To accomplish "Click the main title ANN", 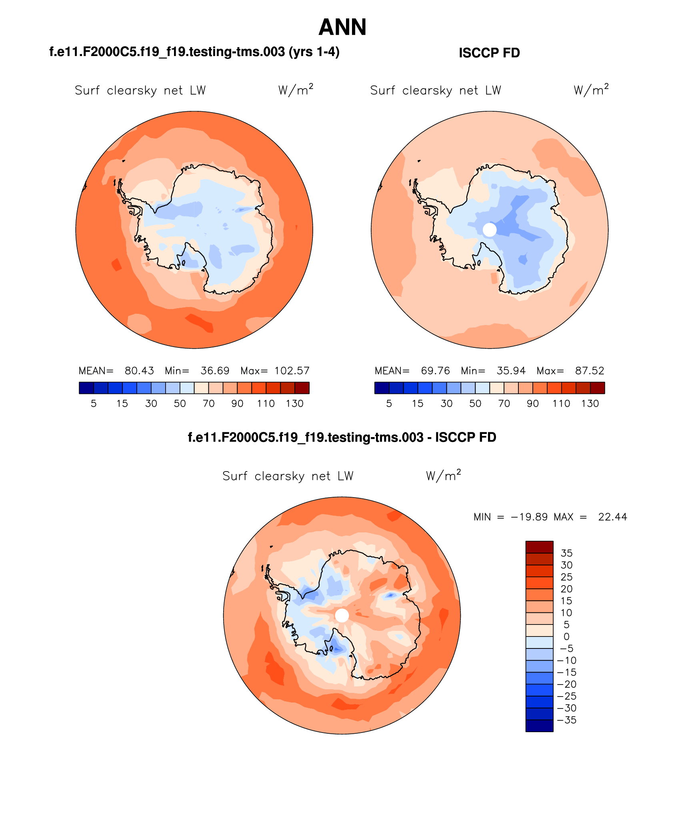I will click(x=342, y=27).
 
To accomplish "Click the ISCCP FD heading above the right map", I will click(x=489, y=53).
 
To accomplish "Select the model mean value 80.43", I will click(x=139, y=371).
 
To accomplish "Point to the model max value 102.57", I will click(x=292, y=371).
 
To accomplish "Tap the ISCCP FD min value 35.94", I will click(x=511, y=371).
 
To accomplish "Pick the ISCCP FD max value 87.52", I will click(x=590, y=371).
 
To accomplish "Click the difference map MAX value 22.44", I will click(x=612, y=517).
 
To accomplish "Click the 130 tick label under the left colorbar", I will click(x=295, y=403).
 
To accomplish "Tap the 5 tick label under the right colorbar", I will click(x=389, y=403).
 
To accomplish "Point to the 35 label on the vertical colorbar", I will click(x=566, y=553).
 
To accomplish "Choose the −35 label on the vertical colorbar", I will click(x=566, y=720).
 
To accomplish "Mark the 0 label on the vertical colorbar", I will click(x=566, y=636).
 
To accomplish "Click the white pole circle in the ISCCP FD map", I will click(x=490, y=230).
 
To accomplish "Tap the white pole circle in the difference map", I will click(x=342, y=615).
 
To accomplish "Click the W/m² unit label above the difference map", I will click(x=443, y=476).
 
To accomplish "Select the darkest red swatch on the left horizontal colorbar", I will click(x=302, y=388).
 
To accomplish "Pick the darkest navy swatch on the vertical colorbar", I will click(x=539, y=726).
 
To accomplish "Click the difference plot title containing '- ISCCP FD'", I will click(x=342, y=437).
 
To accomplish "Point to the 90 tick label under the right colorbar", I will click(x=532, y=403).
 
